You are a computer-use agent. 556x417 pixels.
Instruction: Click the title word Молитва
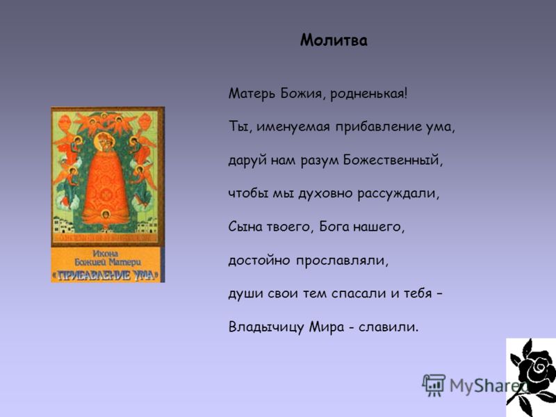coord(334,40)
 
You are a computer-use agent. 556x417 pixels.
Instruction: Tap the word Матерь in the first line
coord(247,94)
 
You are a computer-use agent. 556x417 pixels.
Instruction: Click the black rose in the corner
coord(531,375)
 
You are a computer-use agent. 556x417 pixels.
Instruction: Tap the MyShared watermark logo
coord(473,384)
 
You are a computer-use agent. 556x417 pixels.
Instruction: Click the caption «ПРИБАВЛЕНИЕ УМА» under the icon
coord(108,275)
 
